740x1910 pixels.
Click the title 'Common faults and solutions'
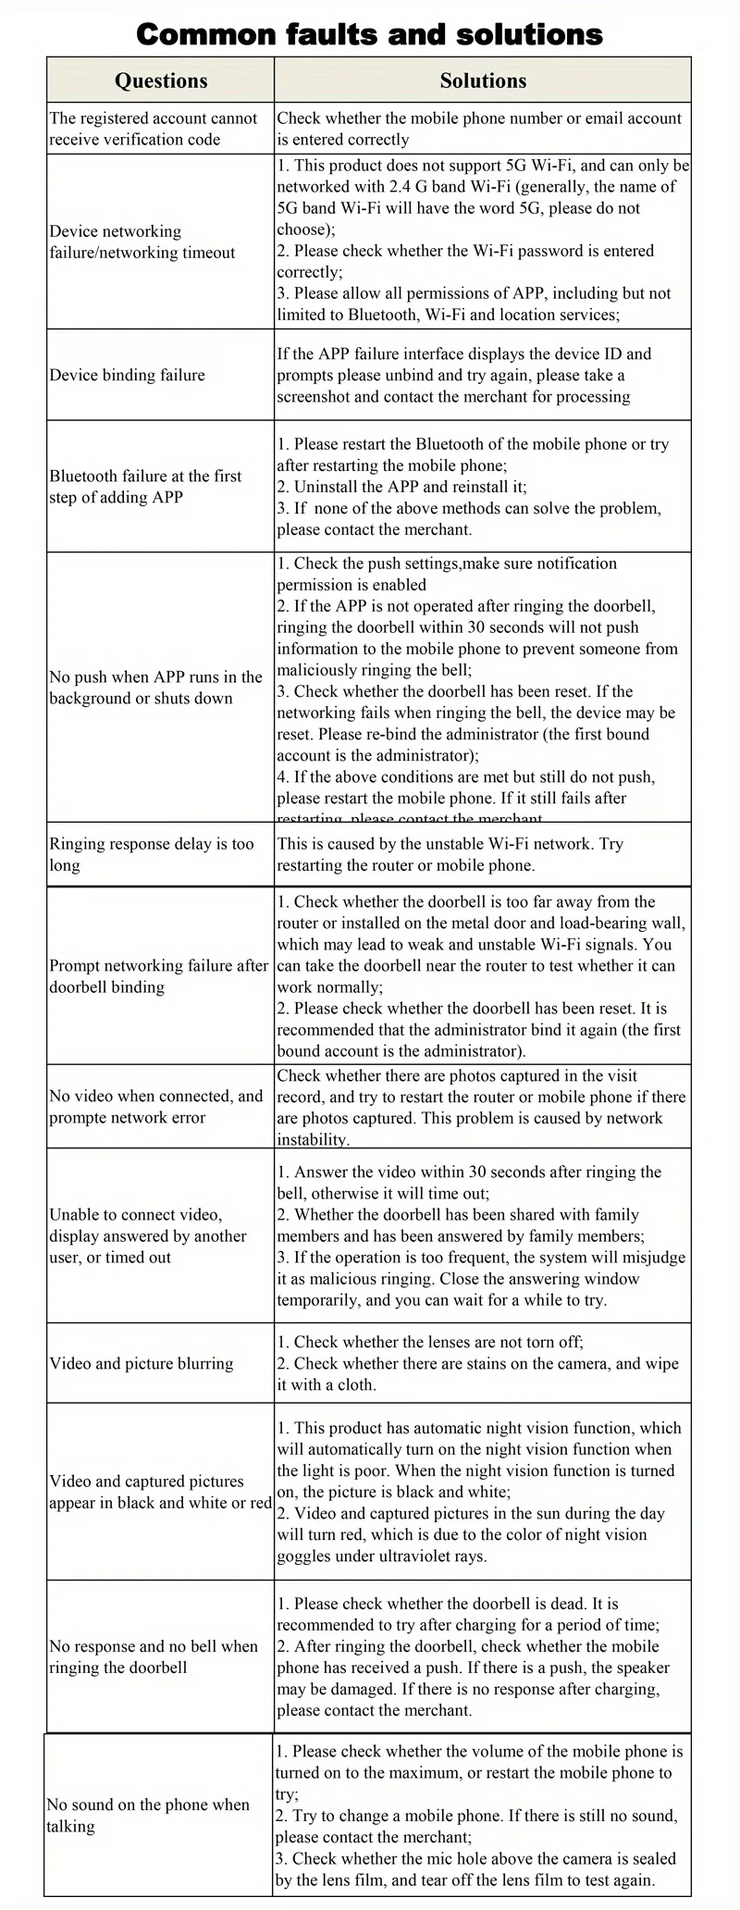369,34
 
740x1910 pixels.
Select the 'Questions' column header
161,81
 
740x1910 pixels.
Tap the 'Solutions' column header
483,81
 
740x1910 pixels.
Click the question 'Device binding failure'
128,375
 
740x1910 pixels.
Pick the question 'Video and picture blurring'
142,1363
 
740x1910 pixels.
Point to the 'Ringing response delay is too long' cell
152,854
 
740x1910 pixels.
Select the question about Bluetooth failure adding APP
145,487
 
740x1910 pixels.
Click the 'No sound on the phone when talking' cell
148,1816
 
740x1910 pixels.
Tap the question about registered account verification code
154,129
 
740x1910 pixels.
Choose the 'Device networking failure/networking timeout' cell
142,242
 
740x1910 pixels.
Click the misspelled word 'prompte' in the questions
80,1117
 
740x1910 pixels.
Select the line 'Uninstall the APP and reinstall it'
402,487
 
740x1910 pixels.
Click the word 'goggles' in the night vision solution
305,1556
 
